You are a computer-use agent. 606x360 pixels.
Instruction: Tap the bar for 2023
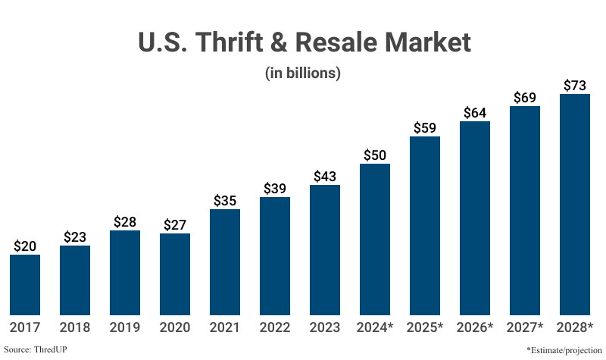(x=325, y=249)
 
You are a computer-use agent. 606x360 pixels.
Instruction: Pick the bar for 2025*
(x=425, y=225)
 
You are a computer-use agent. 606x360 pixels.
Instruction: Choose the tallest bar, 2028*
(x=575, y=204)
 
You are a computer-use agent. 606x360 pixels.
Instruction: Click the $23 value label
(x=75, y=236)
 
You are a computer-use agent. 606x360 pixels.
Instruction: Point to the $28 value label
(x=125, y=221)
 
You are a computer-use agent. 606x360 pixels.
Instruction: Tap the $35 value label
(x=225, y=200)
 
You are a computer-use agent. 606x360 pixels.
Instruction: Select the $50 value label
(x=375, y=155)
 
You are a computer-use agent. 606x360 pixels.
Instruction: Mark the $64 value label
(x=475, y=112)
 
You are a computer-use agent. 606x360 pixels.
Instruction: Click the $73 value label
(x=575, y=84)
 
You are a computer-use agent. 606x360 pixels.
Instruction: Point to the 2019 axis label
(x=125, y=327)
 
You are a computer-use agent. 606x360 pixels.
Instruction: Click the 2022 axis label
(x=275, y=327)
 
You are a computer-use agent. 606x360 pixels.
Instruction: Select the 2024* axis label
(x=375, y=327)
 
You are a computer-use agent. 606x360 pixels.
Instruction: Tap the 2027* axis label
(x=525, y=327)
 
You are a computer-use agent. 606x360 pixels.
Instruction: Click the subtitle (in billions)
(x=303, y=74)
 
